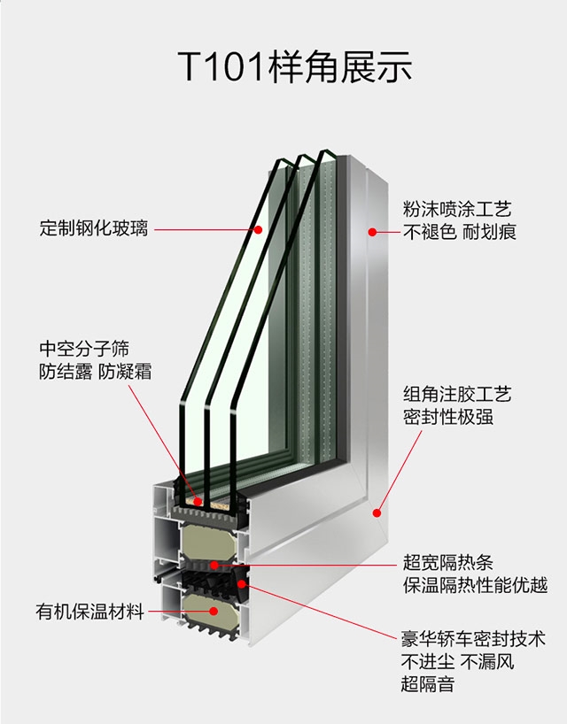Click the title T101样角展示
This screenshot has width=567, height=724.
click(x=294, y=67)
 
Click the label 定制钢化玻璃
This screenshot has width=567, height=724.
click(x=94, y=228)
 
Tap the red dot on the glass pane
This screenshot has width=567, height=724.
click(x=259, y=229)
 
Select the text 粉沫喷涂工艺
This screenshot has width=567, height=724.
click(x=457, y=209)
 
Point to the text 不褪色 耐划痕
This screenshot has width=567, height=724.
click(x=459, y=232)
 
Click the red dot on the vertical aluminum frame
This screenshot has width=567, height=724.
click(x=372, y=232)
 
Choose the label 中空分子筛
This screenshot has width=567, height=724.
click(x=84, y=349)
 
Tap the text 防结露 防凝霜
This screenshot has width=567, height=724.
click(x=95, y=372)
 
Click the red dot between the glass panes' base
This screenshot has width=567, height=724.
click(x=198, y=502)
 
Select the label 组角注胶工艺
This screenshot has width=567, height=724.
click(x=457, y=394)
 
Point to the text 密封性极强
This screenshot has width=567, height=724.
click(x=447, y=417)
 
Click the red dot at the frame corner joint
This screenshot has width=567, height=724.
click(x=377, y=513)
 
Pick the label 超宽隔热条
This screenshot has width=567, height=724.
click(x=447, y=562)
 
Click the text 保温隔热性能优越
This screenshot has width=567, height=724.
click(x=475, y=585)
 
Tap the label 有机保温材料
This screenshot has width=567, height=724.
click(x=90, y=612)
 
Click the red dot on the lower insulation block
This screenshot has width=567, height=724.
click(x=214, y=611)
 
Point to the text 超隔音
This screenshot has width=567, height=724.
click(x=428, y=684)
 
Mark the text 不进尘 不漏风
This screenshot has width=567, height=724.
click(x=457, y=662)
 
